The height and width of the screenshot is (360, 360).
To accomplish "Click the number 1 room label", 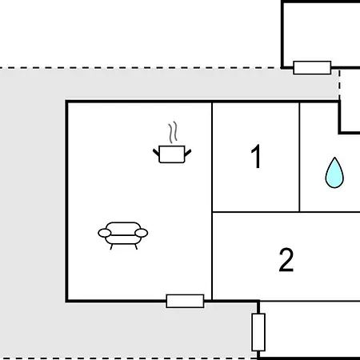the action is (x=256, y=157).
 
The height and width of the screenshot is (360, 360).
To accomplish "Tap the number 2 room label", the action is (x=286, y=260).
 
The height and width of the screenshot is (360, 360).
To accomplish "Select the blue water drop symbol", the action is (x=334, y=174).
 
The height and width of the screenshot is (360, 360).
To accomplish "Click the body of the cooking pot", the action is (x=172, y=154).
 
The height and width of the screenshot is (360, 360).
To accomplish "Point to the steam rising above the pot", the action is (x=173, y=133).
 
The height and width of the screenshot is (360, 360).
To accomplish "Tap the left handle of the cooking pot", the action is (x=156, y=153).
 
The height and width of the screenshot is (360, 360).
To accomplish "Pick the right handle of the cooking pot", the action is (x=188, y=153).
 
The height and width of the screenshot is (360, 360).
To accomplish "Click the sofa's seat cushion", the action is (x=123, y=239).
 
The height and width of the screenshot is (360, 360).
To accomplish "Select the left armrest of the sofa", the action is (x=105, y=233).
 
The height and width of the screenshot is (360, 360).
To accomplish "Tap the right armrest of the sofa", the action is (x=142, y=233).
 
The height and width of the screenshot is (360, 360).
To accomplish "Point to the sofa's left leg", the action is (x=111, y=246).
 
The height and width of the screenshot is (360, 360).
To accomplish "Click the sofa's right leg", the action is (x=136, y=246).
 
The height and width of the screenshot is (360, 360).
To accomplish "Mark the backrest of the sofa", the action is (x=123, y=226).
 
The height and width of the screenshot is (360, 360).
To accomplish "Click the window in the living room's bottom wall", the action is (x=185, y=301).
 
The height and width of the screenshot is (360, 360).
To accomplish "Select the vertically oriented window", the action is (x=258, y=332).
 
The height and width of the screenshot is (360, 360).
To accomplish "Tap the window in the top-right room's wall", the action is (x=312, y=68).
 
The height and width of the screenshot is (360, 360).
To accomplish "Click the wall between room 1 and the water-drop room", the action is (x=299, y=157).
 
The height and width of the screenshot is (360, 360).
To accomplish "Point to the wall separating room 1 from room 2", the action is (x=256, y=212).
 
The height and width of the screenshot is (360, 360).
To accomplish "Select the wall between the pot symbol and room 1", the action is (x=212, y=157).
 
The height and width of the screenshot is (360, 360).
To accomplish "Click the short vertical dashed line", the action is (x=339, y=86).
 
